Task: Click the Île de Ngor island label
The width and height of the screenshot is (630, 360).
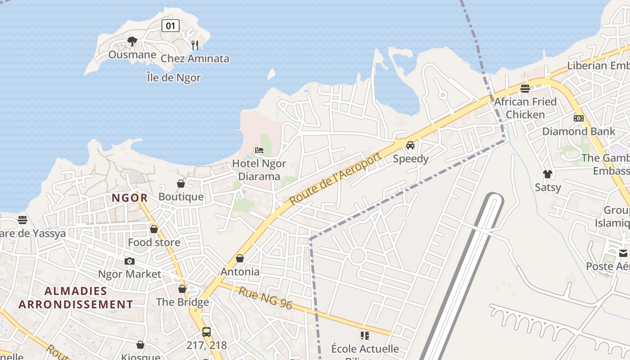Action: [x=174, y=77]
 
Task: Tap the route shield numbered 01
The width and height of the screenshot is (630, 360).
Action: [x=171, y=26]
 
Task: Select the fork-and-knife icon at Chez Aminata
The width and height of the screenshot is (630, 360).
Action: [x=195, y=45]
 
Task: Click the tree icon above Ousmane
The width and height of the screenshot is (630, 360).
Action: [x=132, y=41]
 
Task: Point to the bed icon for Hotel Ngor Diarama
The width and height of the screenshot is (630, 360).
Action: [x=259, y=150]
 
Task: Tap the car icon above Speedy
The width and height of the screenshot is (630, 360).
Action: [x=410, y=145]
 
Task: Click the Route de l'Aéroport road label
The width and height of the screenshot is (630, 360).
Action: [x=336, y=178]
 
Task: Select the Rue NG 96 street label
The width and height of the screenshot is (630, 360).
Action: [x=265, y=298]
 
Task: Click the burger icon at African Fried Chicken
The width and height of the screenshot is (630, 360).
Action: [x=525, y=88]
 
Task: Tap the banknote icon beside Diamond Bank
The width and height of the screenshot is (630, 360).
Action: [x=579, y=118]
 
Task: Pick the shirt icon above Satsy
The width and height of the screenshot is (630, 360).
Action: [x=547, y=174]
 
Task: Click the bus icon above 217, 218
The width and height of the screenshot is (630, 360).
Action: [x=207, y=332]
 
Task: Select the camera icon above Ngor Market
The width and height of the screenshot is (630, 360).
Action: [x=130, y=261]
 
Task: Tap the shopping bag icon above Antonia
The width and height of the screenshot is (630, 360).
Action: [x=240, y=258]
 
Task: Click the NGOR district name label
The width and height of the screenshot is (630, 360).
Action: [x=130, y=198]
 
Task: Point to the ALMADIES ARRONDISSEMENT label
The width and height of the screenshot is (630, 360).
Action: [x=76, y=297]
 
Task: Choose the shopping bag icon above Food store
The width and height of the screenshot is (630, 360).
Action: [x=154, y=229]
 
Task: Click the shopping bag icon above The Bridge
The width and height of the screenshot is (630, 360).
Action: [x=182, y=289]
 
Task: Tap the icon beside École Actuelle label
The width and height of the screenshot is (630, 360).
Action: [x=365, y=336]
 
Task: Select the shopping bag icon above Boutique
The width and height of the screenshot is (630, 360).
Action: [x=181, y=184]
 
